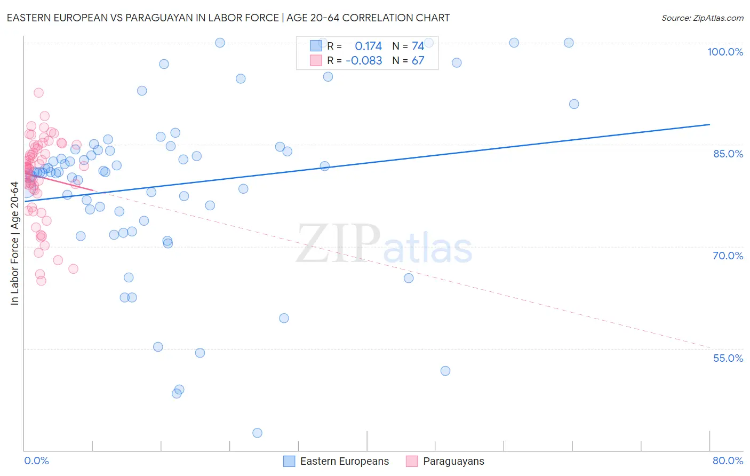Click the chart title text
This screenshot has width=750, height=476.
(228, 18)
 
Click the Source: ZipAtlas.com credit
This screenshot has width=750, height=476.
(702, 18)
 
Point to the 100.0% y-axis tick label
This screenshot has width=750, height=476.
(725, 52)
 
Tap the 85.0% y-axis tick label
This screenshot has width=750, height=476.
(728, 154)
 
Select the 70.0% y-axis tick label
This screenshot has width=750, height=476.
(728, 256)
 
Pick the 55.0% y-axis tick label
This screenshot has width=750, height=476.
(728, 358)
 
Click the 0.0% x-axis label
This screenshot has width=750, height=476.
(36, 461)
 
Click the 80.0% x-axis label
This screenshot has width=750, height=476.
(728, 461)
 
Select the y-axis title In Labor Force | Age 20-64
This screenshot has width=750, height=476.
(14, 243)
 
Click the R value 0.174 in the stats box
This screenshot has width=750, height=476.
(368, 46)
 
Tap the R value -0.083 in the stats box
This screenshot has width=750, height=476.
(364, 61)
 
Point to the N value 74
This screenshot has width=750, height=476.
(418, 46)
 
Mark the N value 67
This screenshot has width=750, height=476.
(418, 61)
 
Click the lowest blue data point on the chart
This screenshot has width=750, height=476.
(257, 433)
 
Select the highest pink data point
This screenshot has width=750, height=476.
(38, 92)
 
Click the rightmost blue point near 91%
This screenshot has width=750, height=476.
(574, 104)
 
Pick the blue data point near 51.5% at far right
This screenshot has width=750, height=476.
(445, 371)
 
